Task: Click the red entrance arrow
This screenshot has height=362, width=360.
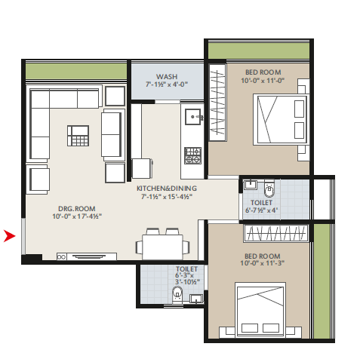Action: click(9, 236)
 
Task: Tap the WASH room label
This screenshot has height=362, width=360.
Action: click(167, 76)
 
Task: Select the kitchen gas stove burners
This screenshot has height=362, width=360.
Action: click(192, 155)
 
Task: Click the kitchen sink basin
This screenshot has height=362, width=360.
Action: click(193, 117)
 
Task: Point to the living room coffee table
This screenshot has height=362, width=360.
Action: click(78, 136)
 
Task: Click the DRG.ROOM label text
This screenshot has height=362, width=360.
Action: click(77, 209)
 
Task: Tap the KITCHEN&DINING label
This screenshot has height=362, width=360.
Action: click(167, 189)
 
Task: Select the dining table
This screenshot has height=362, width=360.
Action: click(162, 247)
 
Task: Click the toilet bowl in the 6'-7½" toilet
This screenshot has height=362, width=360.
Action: click(269, 189)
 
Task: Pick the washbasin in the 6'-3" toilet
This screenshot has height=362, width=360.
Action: click(196, 299)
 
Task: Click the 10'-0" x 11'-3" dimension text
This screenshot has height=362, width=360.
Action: click(263, 263)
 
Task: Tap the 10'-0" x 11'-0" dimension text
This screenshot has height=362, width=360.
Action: click(263, 81)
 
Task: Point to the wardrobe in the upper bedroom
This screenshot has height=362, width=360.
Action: click(217, 102)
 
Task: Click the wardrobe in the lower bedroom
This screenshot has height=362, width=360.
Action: click(276, 233)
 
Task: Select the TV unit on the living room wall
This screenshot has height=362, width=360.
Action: click(87, 256)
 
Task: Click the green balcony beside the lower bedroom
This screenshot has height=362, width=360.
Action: click(322, 281)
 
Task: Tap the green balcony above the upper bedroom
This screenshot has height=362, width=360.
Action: click(259, 51)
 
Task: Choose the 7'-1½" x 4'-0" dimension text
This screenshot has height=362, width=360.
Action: click(167, 84)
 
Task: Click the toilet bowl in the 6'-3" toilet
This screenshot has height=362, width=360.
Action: click(177, 294)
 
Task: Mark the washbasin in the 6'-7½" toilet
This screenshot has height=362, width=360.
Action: click(251, 184)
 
